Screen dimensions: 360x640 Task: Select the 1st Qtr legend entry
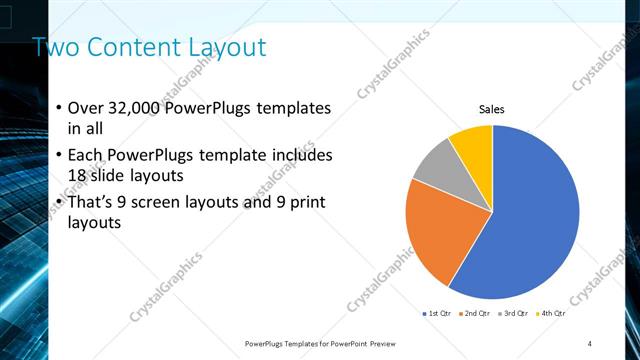pos(436,314)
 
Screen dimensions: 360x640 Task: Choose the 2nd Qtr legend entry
pos(473,314)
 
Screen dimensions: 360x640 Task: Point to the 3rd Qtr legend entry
pos(512,314)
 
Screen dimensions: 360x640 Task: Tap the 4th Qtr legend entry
pos(551,314)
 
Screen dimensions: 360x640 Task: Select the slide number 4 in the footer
pos(590,343)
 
